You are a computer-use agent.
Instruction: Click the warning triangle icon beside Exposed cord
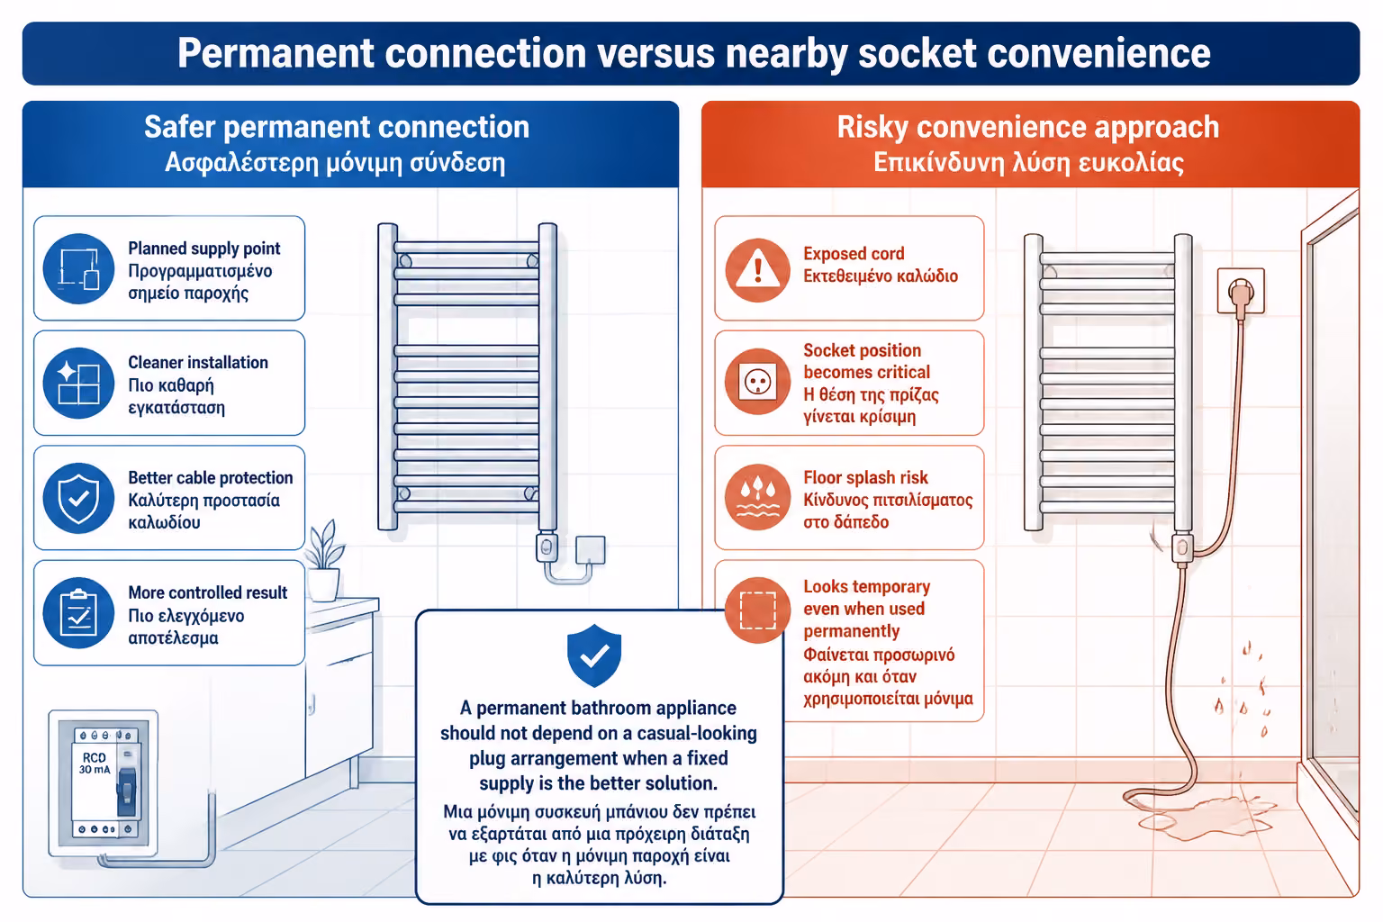coord(757,270)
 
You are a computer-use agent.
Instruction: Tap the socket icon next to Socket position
coord(757,383)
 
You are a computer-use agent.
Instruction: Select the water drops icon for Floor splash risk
coord(757,497)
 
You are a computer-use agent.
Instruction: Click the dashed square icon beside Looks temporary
coord(757,610)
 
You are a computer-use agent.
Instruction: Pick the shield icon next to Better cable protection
coord(78,498)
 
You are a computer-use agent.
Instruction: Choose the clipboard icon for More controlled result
coord(78,612)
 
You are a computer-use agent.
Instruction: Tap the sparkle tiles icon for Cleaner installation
coord(78,383)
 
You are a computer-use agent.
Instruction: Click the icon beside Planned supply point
coord(78,268)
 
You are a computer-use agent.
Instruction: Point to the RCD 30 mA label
coord(95,764)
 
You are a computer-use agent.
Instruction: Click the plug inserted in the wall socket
coord(1241,295)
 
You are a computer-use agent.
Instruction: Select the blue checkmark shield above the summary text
coord(594,655)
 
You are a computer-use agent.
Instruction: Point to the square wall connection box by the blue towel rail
coord(591,549)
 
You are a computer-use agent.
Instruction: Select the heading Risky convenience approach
coord(1028,127)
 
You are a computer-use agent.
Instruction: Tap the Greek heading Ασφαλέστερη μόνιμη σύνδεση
coord(335,163)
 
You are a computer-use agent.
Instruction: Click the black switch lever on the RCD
coord(127,791)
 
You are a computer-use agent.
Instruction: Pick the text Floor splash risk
coord(865,477)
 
